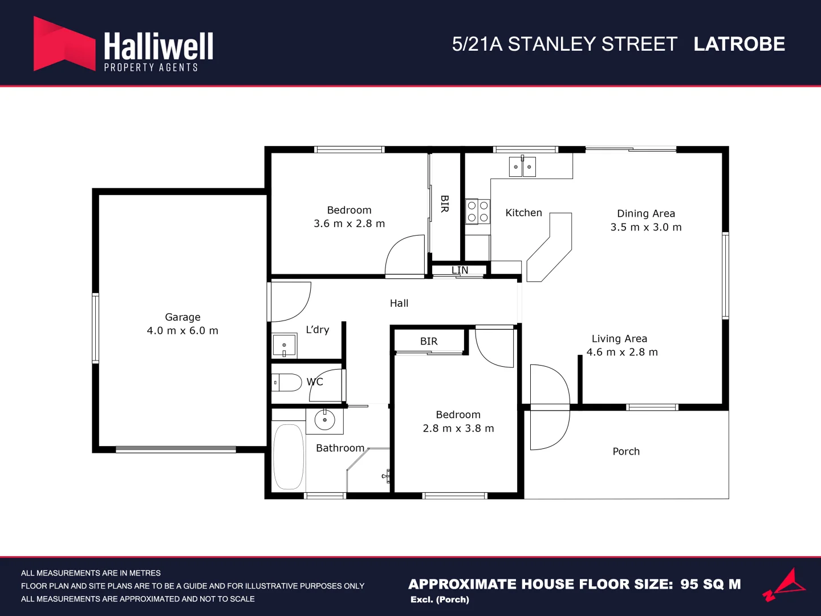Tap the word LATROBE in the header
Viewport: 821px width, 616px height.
coord(739,44)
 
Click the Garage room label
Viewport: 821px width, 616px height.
coord(182,317)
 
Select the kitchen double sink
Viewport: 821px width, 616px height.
coord(522,167)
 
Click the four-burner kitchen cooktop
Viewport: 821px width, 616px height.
coord(478,212)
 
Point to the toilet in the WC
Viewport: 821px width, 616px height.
coord(287,382)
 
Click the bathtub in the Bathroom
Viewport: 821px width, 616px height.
coord(288,456)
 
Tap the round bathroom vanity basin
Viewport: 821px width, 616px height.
coord(325,420)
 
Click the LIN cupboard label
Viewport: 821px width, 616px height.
coord(460,270)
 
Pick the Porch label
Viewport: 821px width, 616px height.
coord(626,451)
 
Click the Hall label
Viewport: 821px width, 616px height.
coord(399,303)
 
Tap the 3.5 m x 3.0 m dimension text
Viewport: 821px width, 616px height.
coord(646,227)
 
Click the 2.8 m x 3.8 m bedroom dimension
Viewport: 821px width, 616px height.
coord(458,428)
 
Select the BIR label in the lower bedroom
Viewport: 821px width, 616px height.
coord(429,341)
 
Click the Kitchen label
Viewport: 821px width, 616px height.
coord(523,213)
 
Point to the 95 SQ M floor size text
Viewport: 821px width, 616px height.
coord(710,584)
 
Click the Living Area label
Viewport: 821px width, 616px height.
coord(619,339)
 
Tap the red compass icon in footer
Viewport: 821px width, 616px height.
coord(785,585)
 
